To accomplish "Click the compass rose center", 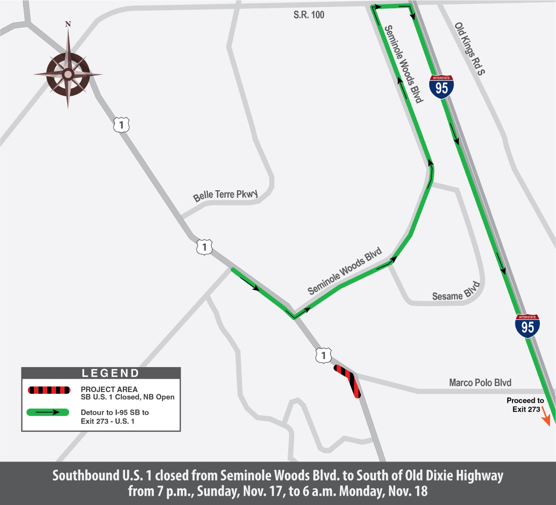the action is (x=68, y=74).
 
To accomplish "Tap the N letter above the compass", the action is (x=68, y=24).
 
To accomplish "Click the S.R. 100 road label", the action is (x=309, y=15).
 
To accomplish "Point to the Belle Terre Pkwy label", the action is (x=225, y=195).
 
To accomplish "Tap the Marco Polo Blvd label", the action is (x=480, y=382).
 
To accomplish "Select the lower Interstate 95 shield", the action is (x=527, y=326).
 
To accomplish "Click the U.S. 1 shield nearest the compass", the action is (x=121, y=125).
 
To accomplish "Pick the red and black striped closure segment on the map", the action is (x=348, y=380).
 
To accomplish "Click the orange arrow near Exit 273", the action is (x=545, y=419).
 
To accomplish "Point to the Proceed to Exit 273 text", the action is (x=525, y=405).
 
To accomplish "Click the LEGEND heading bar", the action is (x=101, y=373).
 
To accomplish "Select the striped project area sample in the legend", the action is (x=49, y=390).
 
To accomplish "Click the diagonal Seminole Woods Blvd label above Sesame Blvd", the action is (x=345, y=271).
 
